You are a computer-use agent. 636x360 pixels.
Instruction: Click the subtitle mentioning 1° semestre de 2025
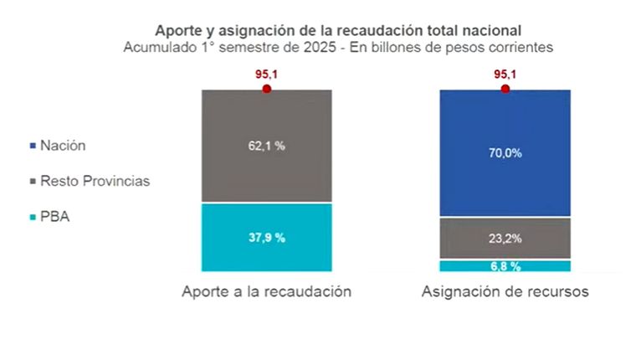337,48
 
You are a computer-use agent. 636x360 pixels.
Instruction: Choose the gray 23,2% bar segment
505,238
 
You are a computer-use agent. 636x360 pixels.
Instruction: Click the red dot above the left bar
266,88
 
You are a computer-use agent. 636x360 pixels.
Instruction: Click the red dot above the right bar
505,88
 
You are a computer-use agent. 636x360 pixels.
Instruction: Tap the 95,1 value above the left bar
266,74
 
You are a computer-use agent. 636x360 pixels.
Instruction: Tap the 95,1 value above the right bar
505,74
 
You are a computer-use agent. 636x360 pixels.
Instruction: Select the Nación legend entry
64,145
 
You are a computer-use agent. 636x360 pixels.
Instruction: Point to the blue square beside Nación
33,146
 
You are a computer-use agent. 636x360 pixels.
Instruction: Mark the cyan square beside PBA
33,218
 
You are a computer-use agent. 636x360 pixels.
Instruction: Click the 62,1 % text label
266,146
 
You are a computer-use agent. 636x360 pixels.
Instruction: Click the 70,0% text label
505,153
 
